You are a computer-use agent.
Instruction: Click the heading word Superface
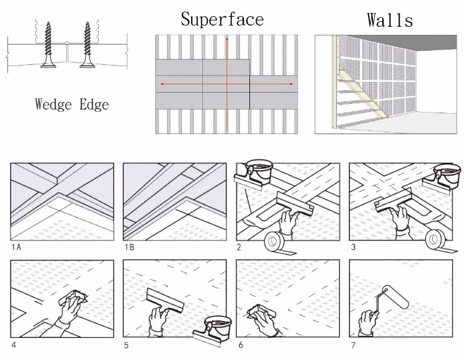pos(222,19)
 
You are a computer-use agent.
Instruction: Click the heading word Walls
pos(390,20)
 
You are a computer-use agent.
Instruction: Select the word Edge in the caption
pos(95,105)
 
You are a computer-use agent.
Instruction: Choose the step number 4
pos(13,343)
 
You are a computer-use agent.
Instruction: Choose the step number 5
pos(126,343)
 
